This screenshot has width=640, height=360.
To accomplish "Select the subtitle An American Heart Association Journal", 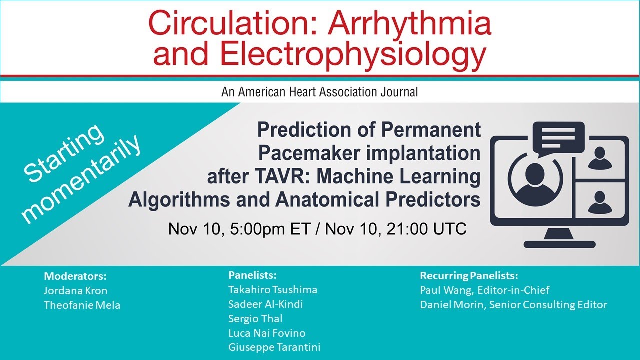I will coord(319,92).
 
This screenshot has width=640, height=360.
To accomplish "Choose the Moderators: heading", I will coord(75,276).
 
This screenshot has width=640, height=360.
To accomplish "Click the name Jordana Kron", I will coord(75,291).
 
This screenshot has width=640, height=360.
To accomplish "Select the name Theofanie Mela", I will coord(82,305).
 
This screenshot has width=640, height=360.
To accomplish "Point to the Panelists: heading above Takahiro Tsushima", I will coord(252,275).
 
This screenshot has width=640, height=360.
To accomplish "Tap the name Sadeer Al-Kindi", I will coord(265,304).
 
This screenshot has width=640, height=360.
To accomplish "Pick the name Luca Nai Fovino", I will coord(267,333).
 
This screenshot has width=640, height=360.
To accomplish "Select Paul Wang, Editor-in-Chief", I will coord(484,290).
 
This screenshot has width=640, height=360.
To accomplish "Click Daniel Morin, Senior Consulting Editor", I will coord(513,304).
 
